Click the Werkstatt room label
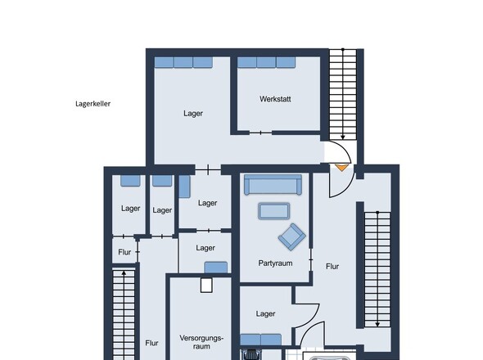click(275, 99)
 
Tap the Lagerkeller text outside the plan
click(93, 104)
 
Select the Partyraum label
click(275, 263)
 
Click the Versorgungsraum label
click(201, 342)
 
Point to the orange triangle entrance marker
click(341, 168)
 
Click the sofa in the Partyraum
click(273, 185)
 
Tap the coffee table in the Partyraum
click(274, 211)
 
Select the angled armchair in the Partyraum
click(291, 236)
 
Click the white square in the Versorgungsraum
click(206, 286)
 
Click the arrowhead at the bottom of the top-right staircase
click(342, 137)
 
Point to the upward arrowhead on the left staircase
click(124, 272)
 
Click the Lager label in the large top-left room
click(193, 114)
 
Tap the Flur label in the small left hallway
click(124, 252)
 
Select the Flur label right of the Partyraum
click(332, 267)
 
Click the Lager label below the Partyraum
click(265, 314)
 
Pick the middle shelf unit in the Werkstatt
click(266, 62)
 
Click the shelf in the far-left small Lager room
click(130, 181)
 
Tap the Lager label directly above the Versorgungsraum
click(205, 248)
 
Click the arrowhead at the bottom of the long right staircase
click(377, 324)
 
